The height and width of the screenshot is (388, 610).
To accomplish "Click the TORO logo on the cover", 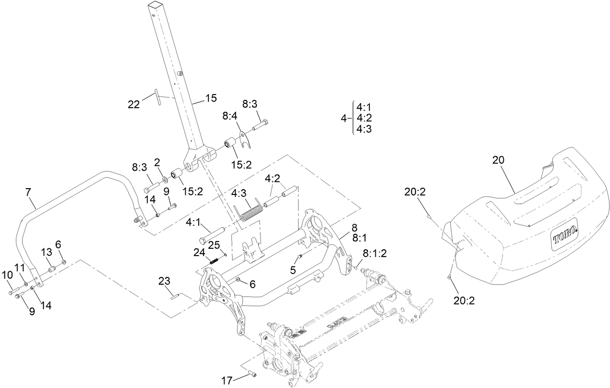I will (564, 237).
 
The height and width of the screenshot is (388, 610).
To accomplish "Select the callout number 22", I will (134, 104).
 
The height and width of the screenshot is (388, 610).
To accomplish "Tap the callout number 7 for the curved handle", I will (28, 193).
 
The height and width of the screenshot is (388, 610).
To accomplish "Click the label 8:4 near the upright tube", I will (231, 116).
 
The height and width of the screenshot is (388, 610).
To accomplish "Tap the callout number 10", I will (7, 275).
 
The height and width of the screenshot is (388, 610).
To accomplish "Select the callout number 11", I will (19, 268).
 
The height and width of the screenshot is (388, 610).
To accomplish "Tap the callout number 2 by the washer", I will (157, 162).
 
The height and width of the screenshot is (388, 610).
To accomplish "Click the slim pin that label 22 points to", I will (158, 96).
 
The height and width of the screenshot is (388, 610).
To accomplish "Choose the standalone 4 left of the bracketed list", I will (343, 118).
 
